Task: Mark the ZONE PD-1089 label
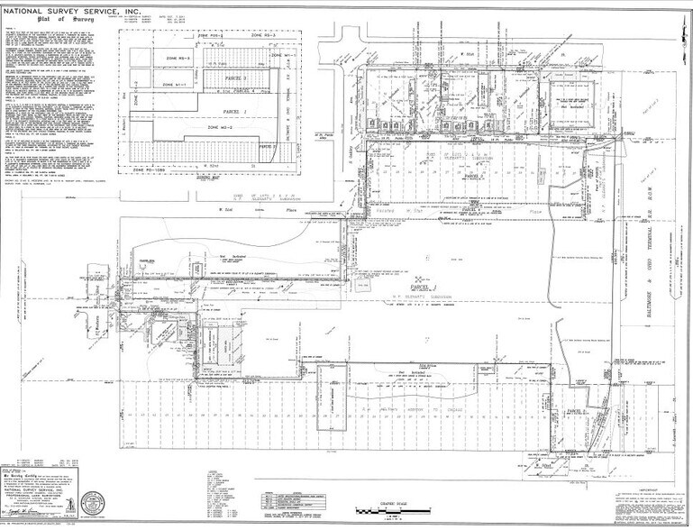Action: coord(158,169)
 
